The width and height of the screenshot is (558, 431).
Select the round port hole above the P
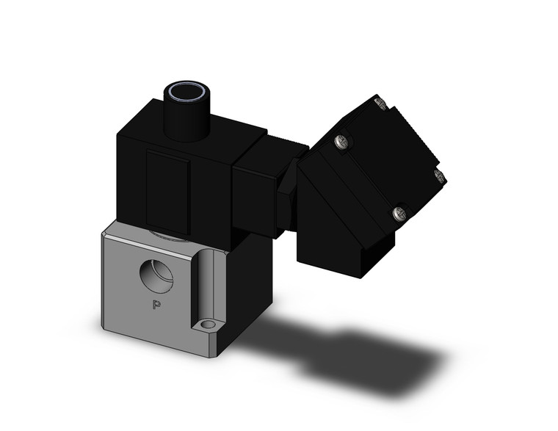tap(157, 275)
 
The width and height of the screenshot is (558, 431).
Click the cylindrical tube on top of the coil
tap(187, 117)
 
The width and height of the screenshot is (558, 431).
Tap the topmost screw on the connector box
tap(380, 104)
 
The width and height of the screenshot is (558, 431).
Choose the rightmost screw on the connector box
tap(440, 175)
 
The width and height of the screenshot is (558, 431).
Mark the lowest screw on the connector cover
tap(399, 214)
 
